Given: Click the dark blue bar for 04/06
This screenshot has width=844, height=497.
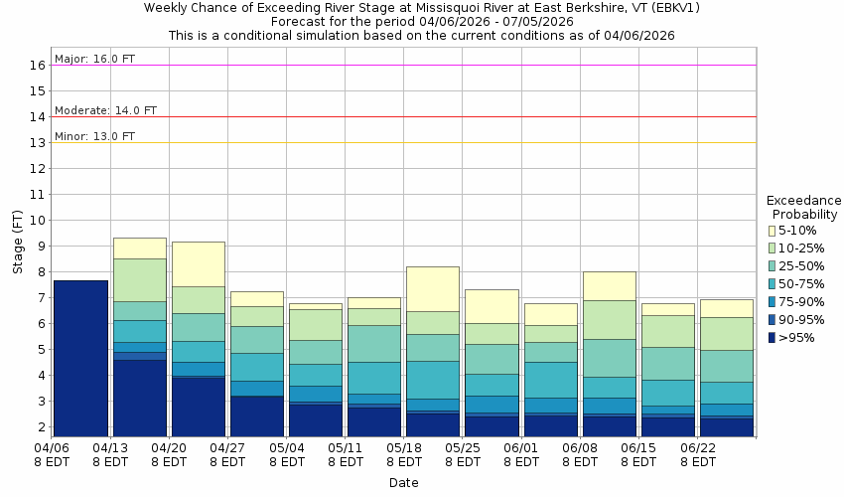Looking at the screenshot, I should (80, 358).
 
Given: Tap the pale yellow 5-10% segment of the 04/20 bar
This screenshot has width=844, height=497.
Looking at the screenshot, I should (198, 263).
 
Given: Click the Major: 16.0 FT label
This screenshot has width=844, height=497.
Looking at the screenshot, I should (94, 59).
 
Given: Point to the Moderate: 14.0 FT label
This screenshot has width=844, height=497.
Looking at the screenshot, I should (105, 110).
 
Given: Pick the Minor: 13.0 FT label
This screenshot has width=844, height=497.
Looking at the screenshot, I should (94, 136).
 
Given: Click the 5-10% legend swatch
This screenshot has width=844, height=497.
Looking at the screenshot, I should (772, 231).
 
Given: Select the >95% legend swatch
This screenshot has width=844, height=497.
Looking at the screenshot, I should (772, 338).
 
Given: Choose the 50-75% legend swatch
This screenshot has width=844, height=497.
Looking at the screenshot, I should (772, 284).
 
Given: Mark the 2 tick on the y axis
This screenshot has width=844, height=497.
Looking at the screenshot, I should (41, 427).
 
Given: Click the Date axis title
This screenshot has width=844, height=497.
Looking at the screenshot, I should (403, 483).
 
